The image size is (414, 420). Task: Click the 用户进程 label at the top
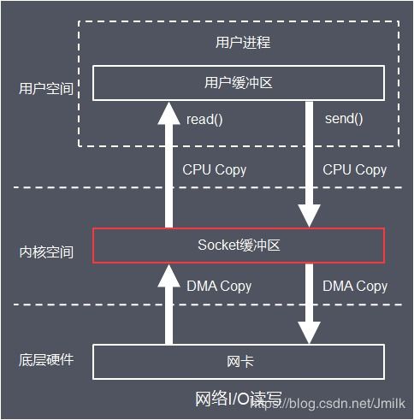point(238,42)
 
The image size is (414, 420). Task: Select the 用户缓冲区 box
point(238,83)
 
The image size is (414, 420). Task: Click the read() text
point(204,119)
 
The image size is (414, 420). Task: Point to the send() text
point(344,118)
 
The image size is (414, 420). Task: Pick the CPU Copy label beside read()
point(215,169)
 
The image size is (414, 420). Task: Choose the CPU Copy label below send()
point(354,169)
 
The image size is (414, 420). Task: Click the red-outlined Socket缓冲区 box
point(238,245)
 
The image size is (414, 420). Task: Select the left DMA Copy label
point(219,286)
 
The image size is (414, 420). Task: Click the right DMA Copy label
point(355,286)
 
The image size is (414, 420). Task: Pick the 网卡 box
point(238,361)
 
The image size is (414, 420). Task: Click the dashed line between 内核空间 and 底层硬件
point(86,305)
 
